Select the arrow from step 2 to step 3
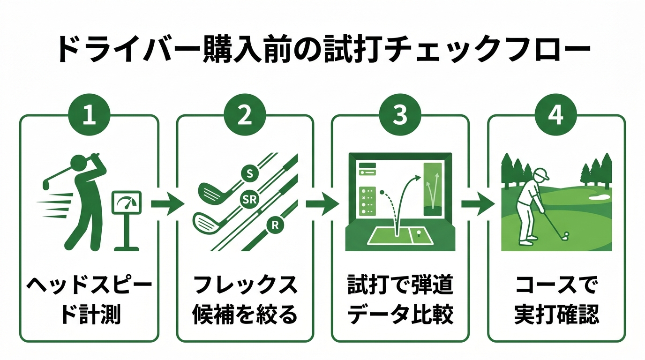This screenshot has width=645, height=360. click(x=322, y=204)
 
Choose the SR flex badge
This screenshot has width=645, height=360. click(x=248, y=200)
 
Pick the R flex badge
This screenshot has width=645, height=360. click(x=275, y=225)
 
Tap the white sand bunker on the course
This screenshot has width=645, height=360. click(x=600, y=197)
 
